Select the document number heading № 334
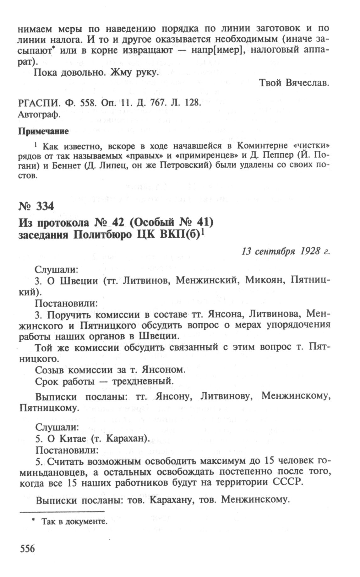click(36, 206)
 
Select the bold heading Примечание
click(43, 131)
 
